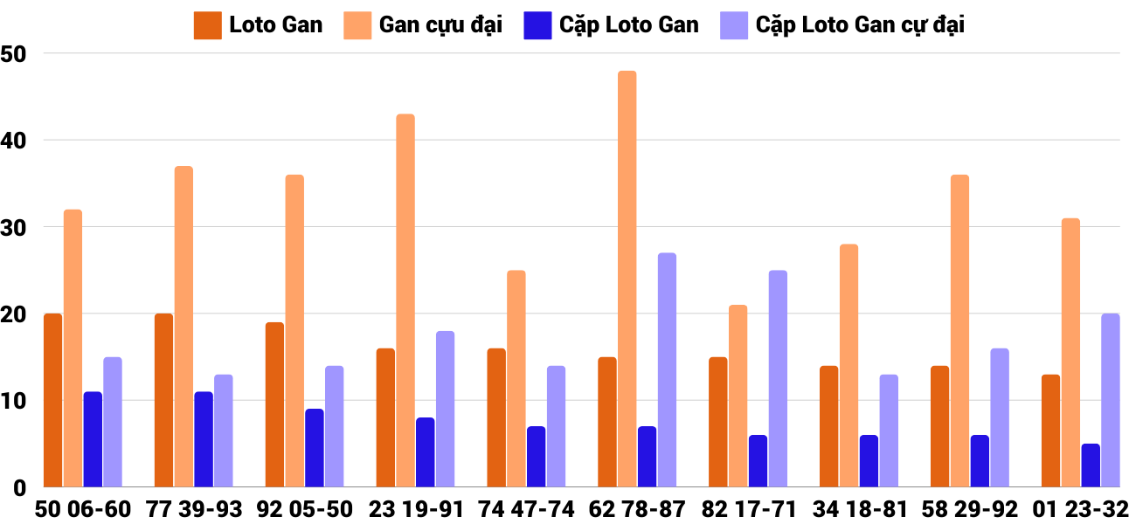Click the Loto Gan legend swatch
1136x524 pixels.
click(207, 25)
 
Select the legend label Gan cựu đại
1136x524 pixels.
click(440, 25)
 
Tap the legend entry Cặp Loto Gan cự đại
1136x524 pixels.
click(860, 25)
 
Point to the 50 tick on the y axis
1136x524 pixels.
click(15, 54)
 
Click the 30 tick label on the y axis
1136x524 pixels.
click(15, 227)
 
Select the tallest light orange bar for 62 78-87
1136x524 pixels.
click(627, 279)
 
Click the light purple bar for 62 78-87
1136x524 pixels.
click(667, 370)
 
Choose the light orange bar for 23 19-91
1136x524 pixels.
click(405, 300)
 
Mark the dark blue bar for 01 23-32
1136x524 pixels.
click(1091, 465)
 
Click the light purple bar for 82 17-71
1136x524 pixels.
click(778, 379)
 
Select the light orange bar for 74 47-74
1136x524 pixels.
click(516, 379)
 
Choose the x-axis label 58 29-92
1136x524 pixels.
click(969, 509)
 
